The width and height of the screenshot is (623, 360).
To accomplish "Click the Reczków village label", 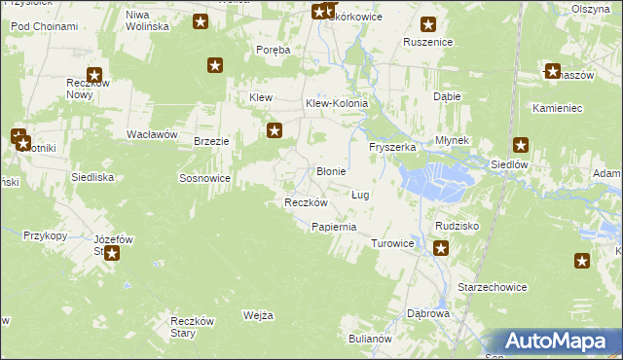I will click(305, 202).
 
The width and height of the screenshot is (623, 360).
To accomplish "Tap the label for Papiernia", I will click(334, 227).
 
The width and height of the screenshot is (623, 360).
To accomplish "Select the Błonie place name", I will click(332, 171).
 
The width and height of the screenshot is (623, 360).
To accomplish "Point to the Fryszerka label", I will click(392, 147).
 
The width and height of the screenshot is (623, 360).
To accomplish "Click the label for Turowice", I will click(393, 243).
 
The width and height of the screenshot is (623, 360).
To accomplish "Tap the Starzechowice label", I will click(493, 288).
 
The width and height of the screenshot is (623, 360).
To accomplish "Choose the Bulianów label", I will click(369, 339).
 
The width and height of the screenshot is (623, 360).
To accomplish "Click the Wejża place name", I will click(258, 315).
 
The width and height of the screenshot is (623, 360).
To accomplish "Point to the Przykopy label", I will click(45, 235).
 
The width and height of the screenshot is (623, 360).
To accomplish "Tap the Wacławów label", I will click(151, 134).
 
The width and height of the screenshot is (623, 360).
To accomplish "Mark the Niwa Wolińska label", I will click(148, 20).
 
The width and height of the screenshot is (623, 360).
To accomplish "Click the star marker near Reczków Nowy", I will click(94, 74).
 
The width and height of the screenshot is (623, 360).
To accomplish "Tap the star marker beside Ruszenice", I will click(427, 25).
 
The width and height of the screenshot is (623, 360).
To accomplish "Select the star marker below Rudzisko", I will click(441, 249).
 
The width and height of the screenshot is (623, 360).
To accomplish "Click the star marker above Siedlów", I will click(521, 145).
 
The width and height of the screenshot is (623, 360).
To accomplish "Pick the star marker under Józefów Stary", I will click(112, 254).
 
